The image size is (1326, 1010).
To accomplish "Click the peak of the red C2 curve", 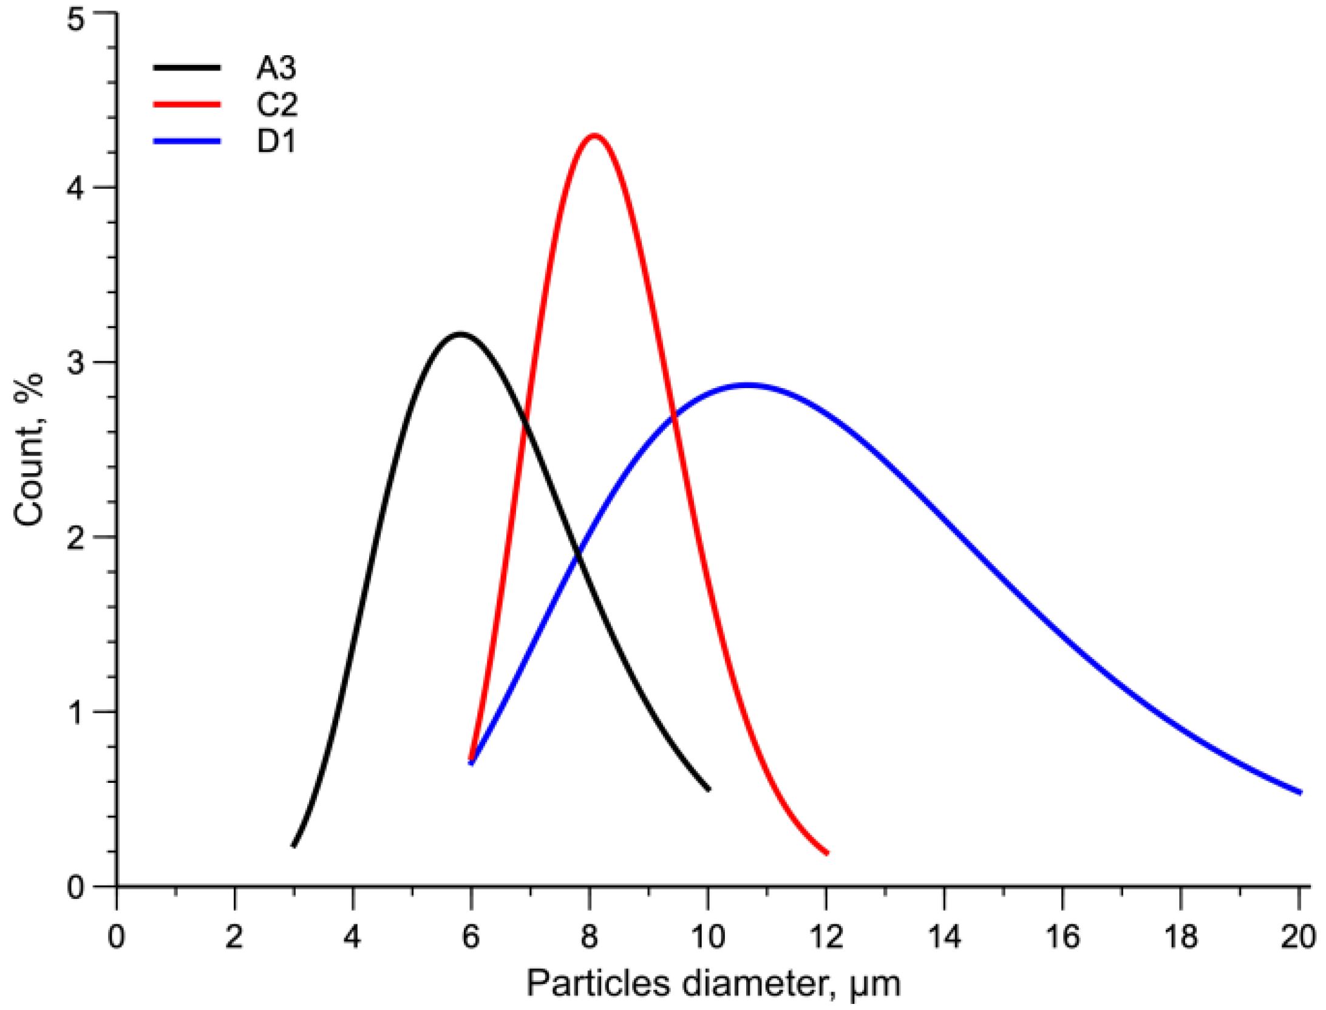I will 594,135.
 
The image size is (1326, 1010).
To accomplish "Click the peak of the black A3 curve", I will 461,333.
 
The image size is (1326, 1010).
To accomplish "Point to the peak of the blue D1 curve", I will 747,385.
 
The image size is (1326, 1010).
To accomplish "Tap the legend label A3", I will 276,67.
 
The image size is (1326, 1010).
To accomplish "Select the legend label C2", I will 277,104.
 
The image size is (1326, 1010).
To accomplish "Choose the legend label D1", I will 276,142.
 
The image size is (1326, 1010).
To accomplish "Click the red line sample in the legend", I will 187,104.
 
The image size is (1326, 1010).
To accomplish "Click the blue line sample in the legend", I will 187,142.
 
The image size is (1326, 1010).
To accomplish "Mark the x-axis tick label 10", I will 708,937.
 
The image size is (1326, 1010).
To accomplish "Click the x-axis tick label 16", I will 1062,937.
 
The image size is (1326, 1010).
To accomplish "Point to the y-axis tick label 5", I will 75,20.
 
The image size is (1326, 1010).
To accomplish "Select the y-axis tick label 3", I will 75,363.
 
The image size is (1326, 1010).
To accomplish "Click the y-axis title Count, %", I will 29,449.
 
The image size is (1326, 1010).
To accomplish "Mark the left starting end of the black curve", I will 294,845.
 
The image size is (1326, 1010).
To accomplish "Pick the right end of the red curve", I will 827,853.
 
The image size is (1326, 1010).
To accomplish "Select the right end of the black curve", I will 709,790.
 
